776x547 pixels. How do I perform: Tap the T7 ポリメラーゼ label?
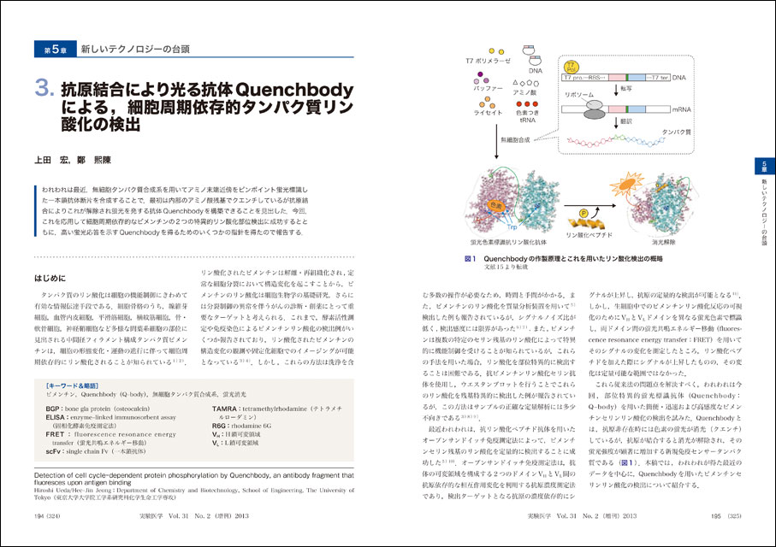488,62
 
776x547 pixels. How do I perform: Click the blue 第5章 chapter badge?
50,50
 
